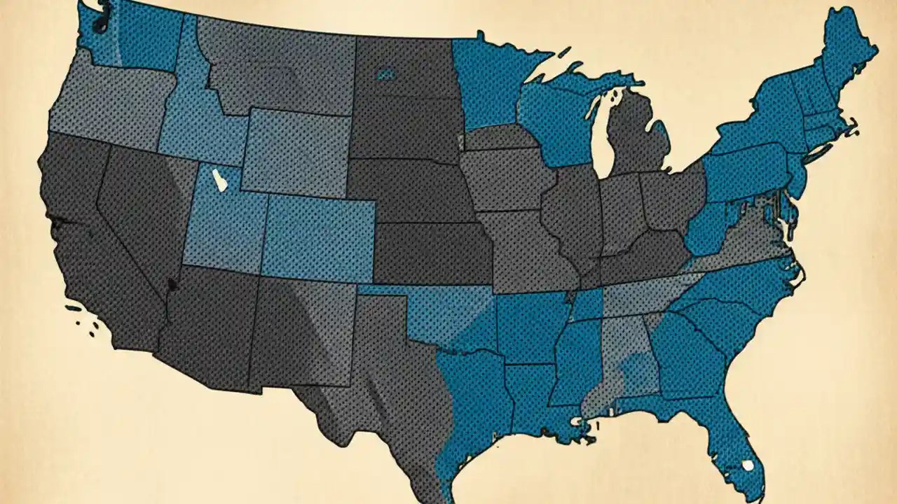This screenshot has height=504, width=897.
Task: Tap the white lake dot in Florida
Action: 748,465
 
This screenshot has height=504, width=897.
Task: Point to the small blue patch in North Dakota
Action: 385,72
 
